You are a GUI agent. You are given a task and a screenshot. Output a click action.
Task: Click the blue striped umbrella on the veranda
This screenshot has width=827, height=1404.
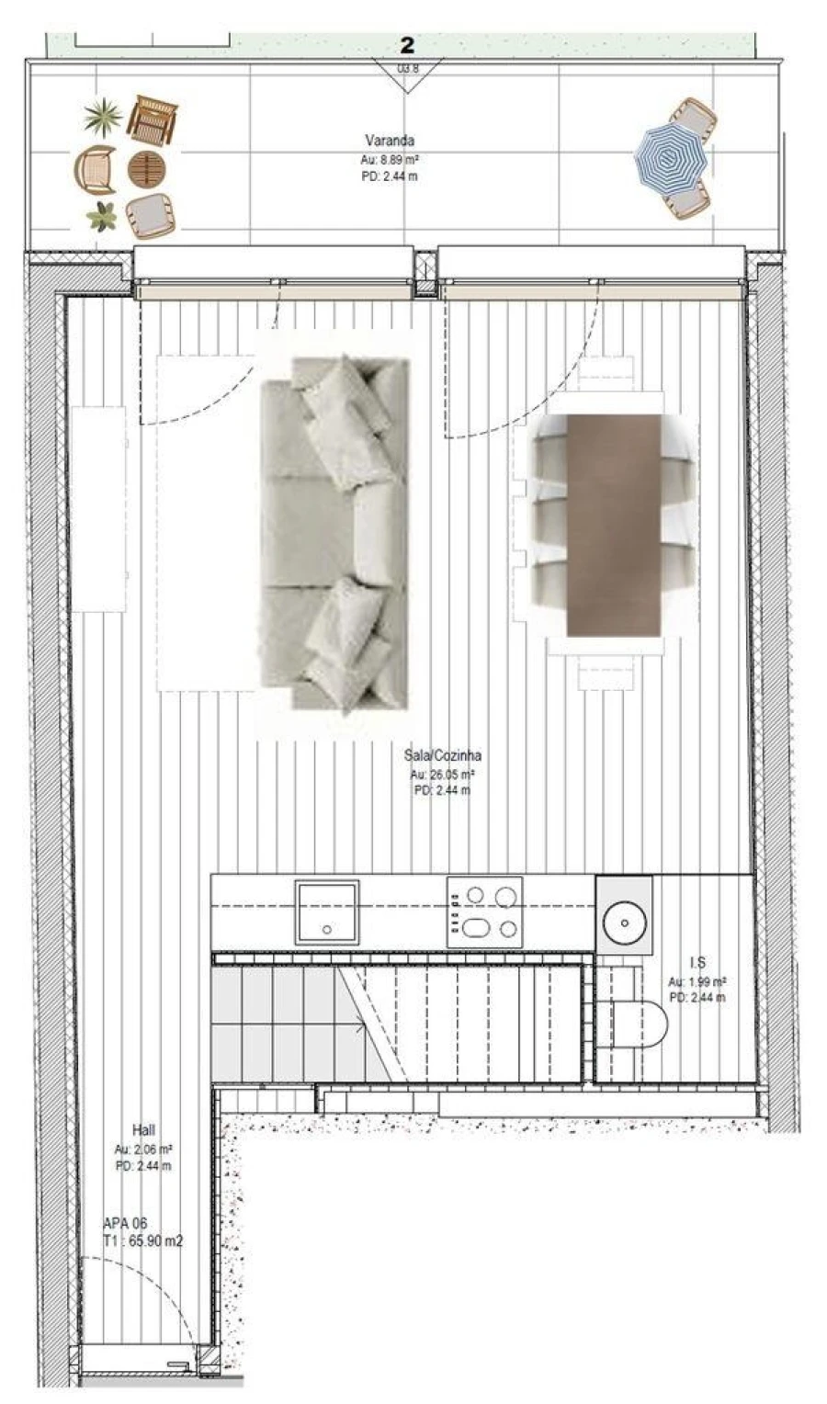[671, 158]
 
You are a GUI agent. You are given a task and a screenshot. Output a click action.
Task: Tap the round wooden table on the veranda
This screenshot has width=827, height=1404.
[147, 169]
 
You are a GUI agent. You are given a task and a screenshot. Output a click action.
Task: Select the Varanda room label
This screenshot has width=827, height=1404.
[390, 141]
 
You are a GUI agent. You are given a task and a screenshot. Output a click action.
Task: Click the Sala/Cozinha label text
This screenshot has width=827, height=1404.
[442, 755]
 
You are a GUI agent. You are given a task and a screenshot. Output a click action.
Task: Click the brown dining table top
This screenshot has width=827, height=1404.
[613, 525]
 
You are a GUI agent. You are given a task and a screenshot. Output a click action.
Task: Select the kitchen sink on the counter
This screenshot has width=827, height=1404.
[326, 911]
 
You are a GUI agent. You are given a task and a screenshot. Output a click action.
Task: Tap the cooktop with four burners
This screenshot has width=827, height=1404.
[484, 911]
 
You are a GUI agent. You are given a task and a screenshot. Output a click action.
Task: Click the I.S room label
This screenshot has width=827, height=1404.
[697, 962]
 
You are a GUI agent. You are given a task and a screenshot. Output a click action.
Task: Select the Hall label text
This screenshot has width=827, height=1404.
[143, 1130]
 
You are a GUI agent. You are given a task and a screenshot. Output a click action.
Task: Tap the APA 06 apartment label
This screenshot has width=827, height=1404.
[125, 1223]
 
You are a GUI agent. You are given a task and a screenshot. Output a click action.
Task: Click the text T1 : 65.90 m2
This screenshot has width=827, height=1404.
[143, 1240]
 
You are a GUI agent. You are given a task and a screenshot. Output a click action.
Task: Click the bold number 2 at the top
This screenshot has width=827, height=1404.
[407, 44]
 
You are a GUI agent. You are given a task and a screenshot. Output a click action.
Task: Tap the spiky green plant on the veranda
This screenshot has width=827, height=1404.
[103, 116]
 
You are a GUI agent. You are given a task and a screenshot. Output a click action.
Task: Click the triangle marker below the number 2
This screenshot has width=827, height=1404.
[406, 75]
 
